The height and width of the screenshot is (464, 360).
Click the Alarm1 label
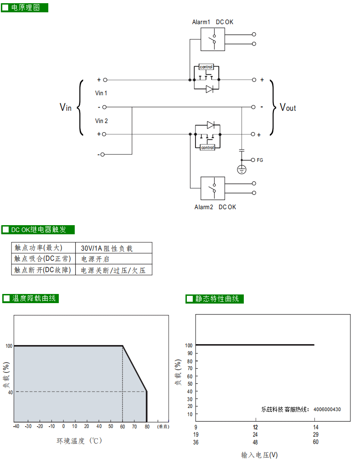click(x=201, y=22)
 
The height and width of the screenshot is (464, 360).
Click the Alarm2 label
click(x=204, y=207)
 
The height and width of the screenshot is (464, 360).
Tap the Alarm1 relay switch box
click(x=213, y=39)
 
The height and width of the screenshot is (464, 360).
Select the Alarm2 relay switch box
click(x=213, y=189)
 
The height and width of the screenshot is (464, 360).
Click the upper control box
click(x=206, y=67)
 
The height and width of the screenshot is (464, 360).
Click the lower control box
click(x=207, y=147)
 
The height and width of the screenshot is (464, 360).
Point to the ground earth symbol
click(x=242, y=170)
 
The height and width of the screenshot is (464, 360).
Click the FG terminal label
click(x=260, y=160)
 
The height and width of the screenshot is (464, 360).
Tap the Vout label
click(x=288, y=107)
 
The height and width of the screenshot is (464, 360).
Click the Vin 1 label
click(x=101, y=93)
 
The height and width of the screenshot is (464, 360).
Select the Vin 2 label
click(x=102, y=121)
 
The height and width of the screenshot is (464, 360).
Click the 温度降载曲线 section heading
click(x=34, y=298)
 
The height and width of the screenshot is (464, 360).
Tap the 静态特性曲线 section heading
click(x=217, y=299)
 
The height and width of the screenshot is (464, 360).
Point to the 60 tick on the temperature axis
click(x=123, y=427)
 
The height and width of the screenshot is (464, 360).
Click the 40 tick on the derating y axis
click(x=10, y=392)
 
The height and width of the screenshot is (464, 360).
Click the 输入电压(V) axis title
click(x=259, y=455)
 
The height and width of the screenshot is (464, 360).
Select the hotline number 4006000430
click(x=327, y=409)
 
